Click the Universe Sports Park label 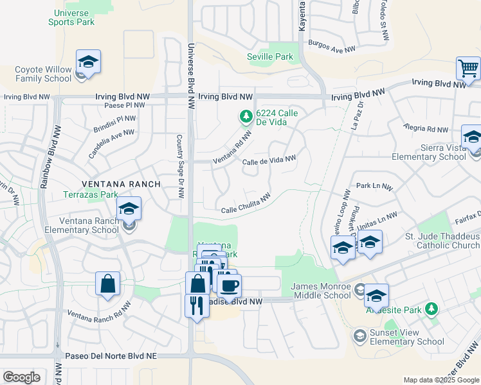(x=71, y=17)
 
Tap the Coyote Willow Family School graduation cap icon (x=88, y=62)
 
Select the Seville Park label (x=270, y=57)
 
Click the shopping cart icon (x=468, y=68)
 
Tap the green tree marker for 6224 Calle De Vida (x=244, y=117)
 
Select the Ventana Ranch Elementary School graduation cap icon (x=129, y=209)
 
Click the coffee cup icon (x=229, y=286)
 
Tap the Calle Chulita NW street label (x=245, y=203)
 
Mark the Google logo (x=21, y=377)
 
